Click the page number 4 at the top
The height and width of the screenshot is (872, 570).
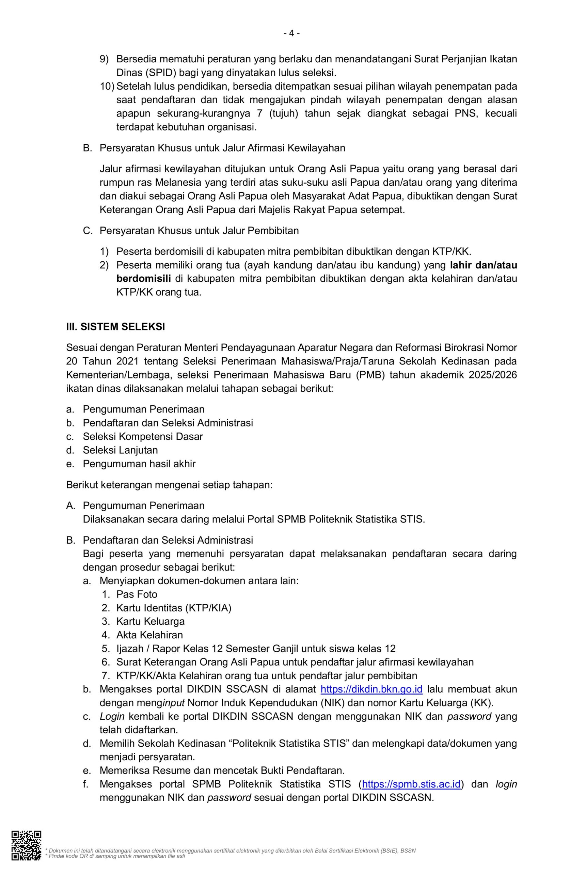coord(291,33)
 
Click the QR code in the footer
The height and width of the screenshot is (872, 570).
coord(26,845)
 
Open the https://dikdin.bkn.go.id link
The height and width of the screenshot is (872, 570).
coord(371,689)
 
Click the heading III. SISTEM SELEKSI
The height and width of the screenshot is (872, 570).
coord(115,327)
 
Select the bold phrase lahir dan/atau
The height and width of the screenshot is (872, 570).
coord(483,265)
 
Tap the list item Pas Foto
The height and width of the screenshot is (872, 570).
coord(137,594)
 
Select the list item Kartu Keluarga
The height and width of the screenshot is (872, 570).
coord(150,621)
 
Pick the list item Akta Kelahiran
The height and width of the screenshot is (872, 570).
coord(149,635)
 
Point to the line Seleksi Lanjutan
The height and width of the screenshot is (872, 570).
coord(120,450)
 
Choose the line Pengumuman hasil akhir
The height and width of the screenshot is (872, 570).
coord(139,464)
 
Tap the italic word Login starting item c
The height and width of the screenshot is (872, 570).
coord(112,716)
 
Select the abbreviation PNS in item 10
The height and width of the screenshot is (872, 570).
coord(465,113)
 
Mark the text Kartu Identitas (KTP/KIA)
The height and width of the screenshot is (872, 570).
coord(174,608)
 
